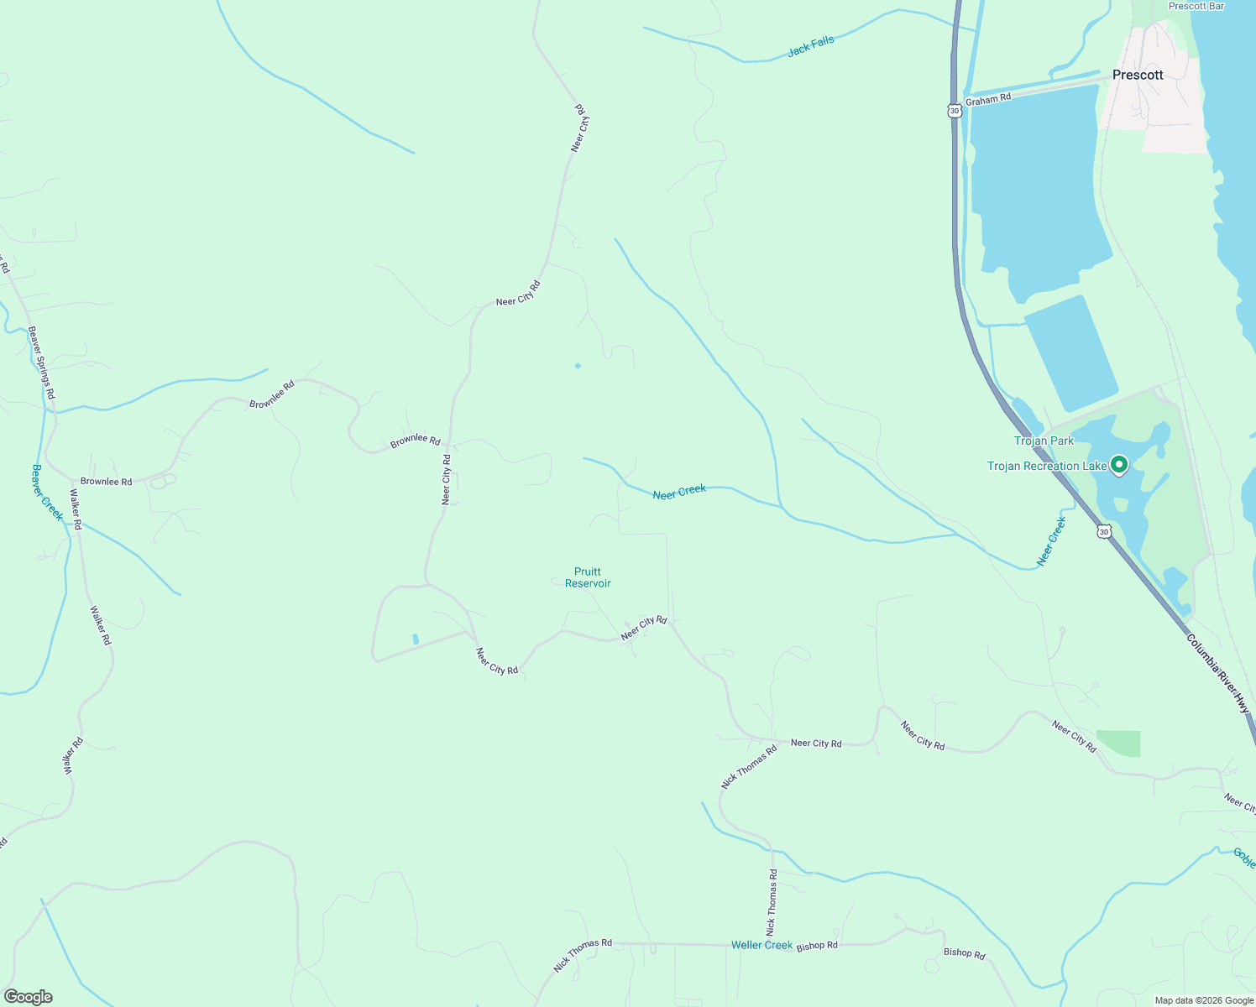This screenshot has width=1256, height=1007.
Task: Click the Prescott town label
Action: click(x=1138, y=75)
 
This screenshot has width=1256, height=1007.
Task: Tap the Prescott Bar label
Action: click(x=1196, y=6)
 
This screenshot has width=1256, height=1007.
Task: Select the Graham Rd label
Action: click(x=988, y=99)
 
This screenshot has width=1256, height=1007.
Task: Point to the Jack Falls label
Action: click(x=811, y=47)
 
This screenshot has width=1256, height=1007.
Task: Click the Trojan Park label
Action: click(x=1044, y=441)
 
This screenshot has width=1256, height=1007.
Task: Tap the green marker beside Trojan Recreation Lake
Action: click(x=1118, y=463)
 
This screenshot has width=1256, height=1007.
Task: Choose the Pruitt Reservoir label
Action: click(x=588, y=577)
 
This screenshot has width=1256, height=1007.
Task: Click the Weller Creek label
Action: click(x=761, y=945)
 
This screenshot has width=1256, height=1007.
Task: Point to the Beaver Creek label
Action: click(x=47, y=492)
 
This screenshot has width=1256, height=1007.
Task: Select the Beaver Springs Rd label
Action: click(x=41, y=362)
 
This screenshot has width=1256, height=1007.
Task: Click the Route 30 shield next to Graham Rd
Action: click(x=954, y=110)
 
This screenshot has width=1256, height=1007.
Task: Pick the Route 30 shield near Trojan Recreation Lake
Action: click(x=1104, y=531)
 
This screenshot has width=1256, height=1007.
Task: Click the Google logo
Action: click(x=28, y=997)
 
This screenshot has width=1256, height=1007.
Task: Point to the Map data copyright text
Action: click(x=1203, y=1000)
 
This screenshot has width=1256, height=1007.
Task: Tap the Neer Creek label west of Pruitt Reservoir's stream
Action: click(x=679, y=492)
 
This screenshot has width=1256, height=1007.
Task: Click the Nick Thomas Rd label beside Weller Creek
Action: click(x=583, y=955)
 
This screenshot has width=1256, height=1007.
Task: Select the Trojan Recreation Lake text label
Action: click(x=1047, y=466)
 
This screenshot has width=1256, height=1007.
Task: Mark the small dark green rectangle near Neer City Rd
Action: click(x=1118, y=744)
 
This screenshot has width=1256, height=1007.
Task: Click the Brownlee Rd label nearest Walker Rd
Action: click(x=106, y=482)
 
